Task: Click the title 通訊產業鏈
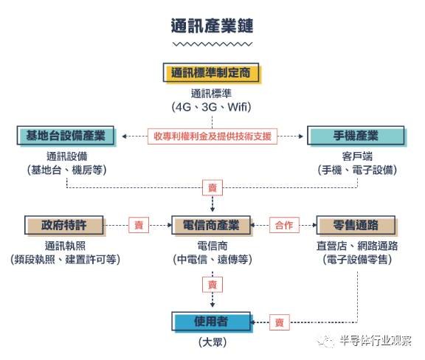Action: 212,26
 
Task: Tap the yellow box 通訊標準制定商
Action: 211,72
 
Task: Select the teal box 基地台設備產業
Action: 66,135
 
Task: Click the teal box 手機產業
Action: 356,135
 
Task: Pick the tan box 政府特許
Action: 64,225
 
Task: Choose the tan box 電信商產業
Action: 211,225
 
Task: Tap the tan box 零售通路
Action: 356,225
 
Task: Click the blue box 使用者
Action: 211,322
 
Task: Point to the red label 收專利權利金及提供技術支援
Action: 212,136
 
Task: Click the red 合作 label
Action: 284,225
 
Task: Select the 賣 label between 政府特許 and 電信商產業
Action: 139,225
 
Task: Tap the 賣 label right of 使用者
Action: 280,322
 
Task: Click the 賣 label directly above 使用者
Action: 212,285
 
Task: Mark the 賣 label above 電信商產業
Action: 212,187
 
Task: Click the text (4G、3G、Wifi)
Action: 212,107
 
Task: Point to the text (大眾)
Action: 212,342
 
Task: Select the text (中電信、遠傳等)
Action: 212,260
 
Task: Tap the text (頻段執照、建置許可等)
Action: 66,260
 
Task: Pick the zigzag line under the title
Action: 212,44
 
